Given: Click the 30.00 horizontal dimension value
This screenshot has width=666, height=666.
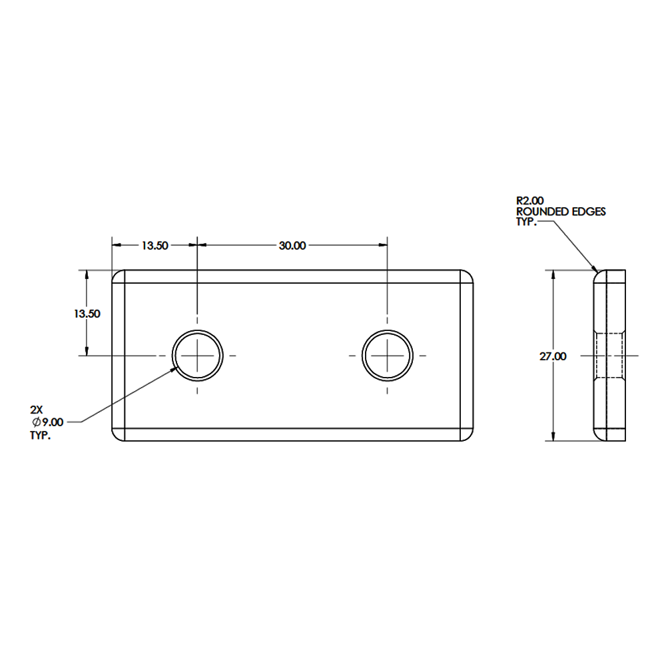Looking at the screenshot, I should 292,246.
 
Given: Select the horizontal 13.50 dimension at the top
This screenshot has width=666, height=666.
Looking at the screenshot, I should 154,246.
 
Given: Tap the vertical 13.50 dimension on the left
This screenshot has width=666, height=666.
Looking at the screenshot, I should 87,314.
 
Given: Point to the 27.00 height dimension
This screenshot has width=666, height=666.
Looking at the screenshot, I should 553,357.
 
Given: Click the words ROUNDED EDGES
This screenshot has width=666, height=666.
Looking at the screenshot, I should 561,211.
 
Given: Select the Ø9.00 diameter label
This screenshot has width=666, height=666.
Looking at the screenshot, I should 47,422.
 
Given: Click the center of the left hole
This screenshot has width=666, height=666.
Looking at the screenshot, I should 198,356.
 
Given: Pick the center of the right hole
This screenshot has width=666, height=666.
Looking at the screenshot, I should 388,356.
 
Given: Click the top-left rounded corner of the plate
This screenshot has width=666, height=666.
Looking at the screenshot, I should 119,276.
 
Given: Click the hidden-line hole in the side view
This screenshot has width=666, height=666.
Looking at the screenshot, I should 609,356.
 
